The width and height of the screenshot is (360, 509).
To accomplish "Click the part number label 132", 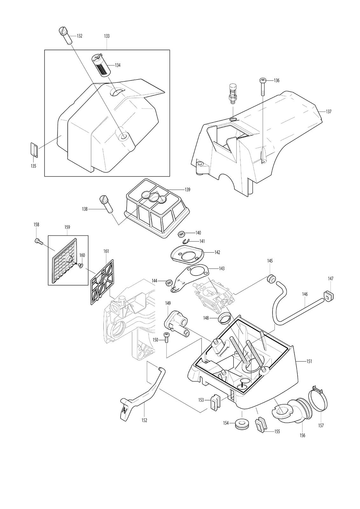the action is click(80, 36).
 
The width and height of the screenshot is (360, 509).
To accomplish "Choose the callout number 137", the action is click(329, 112).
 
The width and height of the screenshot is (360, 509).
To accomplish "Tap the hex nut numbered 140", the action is click(181, 233).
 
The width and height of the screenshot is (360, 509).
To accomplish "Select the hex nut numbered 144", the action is click(169, 282).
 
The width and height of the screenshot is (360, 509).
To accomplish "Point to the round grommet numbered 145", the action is click(270, 279).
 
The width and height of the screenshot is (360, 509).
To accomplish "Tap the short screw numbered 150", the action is click(166, 339).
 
